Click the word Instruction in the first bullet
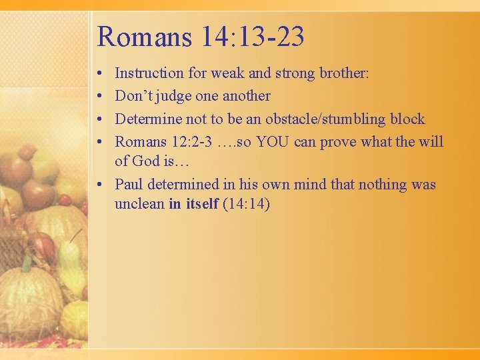pos(149,73)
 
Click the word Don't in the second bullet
pos(134,96)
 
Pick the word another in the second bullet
pos(246,96)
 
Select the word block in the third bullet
pos(407,119)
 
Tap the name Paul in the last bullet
pos(129,184)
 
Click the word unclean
pos(139,203)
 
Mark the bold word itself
pos(202,203)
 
